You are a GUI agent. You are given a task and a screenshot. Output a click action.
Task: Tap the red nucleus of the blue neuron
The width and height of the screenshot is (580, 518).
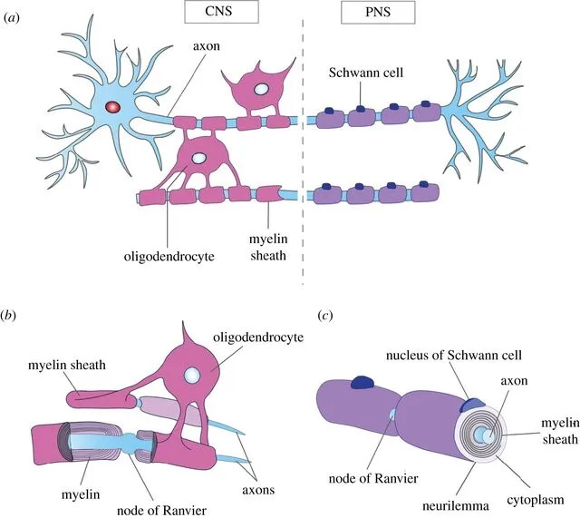[112, 107]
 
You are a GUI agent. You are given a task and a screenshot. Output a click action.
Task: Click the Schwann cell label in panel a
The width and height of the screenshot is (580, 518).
[366, 73]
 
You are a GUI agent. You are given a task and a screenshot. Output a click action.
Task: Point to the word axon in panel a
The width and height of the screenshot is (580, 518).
[206, 46]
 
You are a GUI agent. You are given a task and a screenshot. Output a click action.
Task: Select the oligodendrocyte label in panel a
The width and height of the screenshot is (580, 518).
[169, 256]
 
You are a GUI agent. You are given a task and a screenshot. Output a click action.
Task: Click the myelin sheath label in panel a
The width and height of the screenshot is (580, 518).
[268, 247]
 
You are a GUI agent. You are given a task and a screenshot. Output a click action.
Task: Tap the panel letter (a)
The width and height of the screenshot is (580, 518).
[11, 17]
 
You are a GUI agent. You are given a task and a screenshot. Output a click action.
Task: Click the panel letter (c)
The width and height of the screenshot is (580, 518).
[325, 316]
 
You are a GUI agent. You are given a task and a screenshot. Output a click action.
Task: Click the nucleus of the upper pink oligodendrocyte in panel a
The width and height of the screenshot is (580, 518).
[261, 89]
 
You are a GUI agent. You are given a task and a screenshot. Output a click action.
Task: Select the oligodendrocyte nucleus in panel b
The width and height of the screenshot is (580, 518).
[192, 376]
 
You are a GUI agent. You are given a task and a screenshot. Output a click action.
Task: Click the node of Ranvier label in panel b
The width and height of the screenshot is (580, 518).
[161, 510]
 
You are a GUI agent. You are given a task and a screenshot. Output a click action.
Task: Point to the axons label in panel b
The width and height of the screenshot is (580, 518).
[258, 490]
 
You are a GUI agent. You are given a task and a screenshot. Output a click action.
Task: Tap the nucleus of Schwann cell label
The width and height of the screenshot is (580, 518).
[454, 355]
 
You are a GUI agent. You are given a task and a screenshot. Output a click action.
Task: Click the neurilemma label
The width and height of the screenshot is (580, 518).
[455, 505]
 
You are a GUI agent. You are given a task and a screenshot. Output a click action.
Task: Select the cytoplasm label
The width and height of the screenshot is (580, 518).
[536, 500]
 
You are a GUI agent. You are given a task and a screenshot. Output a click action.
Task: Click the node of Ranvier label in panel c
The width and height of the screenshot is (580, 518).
[373, 478]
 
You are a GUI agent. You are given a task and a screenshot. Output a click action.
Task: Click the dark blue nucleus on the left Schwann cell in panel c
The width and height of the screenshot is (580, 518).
[363, 382]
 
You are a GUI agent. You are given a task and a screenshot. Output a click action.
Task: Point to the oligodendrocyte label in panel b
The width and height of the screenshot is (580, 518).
[258, 337]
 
